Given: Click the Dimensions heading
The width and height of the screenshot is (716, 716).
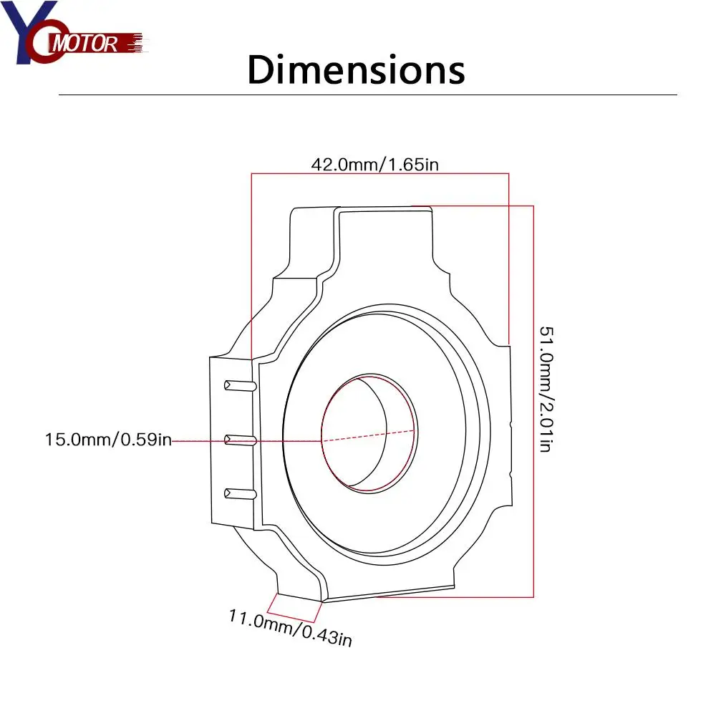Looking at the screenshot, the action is click(356, 69).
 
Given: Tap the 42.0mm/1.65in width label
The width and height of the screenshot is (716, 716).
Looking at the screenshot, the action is click(375, 165).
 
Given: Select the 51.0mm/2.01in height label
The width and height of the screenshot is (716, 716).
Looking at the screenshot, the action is click(546, 389).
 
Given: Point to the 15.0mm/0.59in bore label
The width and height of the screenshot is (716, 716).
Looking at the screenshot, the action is click(108, 440).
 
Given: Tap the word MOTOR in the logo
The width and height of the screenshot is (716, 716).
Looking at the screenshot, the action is click(85, 44).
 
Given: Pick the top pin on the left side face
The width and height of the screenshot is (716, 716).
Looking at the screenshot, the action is click(240, 386).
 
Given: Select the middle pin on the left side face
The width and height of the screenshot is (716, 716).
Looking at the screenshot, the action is click(240, 440).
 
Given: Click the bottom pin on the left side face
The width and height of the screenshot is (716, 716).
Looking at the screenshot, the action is click(240, 493).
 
